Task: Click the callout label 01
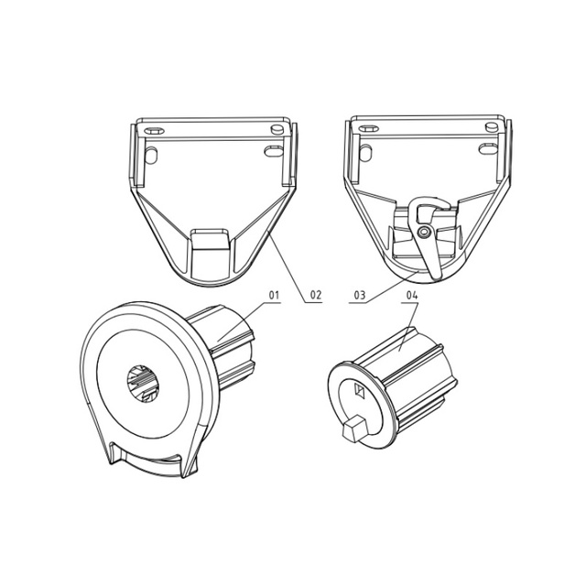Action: [x=274, y=295]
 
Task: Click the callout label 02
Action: [x=315, y=295]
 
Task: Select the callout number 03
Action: [x=359, y=295]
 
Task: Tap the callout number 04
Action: [x=411, y=295]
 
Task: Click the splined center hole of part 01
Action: [x=143, y=384]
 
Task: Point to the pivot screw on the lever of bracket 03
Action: [x=424, y=233]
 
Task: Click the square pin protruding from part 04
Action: [x=353, y=429]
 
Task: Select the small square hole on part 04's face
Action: [x=359, y=391]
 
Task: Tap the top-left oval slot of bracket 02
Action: [x=154, y=131]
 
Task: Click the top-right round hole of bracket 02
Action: [x=277, y=128]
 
